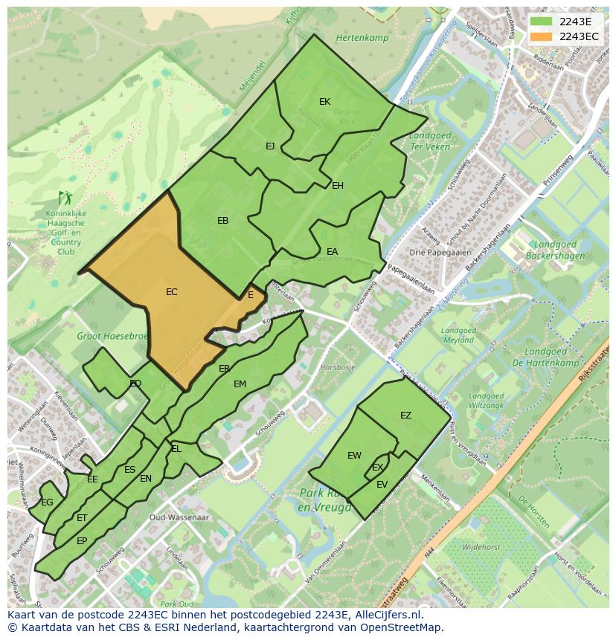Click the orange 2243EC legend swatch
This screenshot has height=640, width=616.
541,36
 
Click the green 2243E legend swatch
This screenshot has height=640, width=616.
541,22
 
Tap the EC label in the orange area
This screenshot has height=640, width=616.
171,292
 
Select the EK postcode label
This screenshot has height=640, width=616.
324,101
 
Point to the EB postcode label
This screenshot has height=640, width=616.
222,220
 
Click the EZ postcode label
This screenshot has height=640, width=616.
405,416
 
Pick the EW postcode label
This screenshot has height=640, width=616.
354,456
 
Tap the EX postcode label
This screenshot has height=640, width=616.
377,468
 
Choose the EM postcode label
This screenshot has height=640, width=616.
240,384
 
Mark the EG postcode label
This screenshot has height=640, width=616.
47,502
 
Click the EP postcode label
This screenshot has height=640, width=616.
82,541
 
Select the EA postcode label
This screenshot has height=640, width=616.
332,252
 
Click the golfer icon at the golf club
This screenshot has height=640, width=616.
65,198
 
